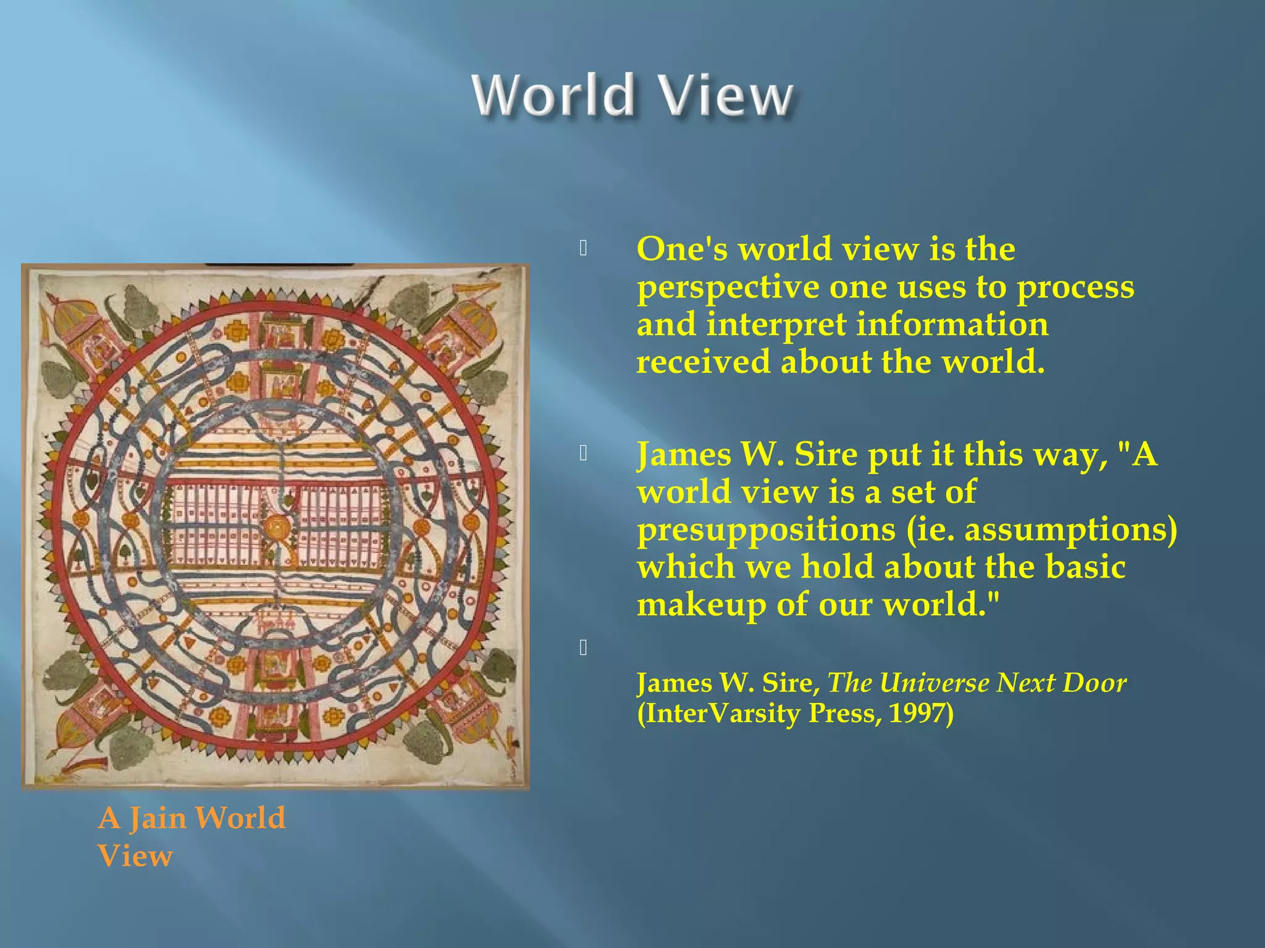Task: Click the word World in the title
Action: pos(553,96)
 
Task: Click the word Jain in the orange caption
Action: pos(157,818)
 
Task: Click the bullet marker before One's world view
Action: pos(583,249)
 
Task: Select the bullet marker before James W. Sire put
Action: pos(583,454)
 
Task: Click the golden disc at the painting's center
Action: pos(276,528)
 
